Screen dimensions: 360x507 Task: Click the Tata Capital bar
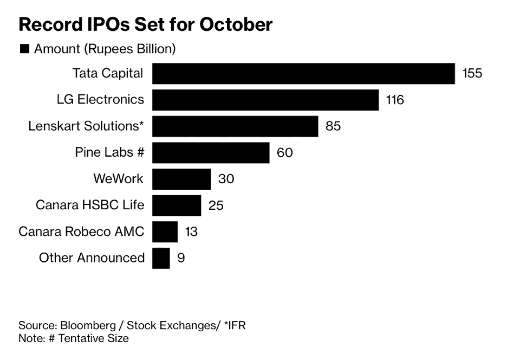[303, 74]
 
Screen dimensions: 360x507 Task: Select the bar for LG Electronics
[265, 100]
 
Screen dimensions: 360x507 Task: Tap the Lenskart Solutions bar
[235, 126]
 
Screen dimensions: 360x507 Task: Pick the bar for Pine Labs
[211, 152]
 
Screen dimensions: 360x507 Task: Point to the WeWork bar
[181, 179]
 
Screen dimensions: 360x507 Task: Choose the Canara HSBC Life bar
[177, 205]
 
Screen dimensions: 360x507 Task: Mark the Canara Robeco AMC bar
[165, 232]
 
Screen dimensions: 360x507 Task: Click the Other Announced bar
[161, 258]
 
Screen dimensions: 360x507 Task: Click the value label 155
[472, 74]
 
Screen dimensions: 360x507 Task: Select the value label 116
[395, 100]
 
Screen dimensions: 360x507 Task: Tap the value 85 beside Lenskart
[333, 126]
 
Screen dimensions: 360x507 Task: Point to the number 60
[284, 153]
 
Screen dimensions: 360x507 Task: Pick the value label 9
[181, 258]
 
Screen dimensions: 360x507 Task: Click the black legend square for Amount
[24, 49]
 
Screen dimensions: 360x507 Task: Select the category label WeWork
[119, 179]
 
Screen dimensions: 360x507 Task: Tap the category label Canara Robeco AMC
[81, 232]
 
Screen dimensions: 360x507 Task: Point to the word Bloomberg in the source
[84, 326]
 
